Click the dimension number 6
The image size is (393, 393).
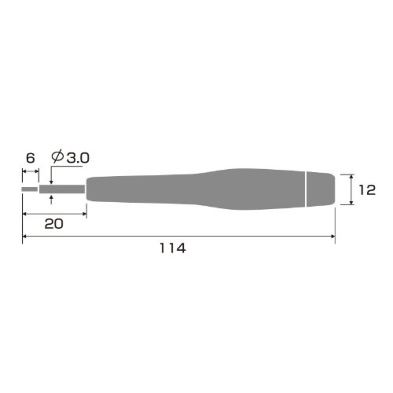click(x=31, y=158)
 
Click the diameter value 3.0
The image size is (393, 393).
click(x=78, y=158)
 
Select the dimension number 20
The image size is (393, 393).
click(x=54, y=224)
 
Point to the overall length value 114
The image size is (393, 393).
click(x=173, y=248)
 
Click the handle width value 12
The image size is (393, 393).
click(x=367, y=190)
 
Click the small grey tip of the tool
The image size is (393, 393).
click(x=29, y=189)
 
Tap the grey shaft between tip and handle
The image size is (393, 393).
click(x=62, y=189)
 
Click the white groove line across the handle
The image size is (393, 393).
click(x=306, y=189)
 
